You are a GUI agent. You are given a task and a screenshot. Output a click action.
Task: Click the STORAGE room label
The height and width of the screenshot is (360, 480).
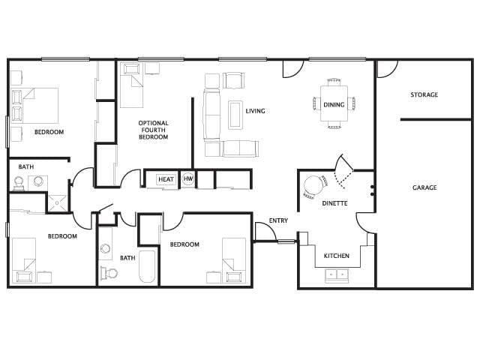424,94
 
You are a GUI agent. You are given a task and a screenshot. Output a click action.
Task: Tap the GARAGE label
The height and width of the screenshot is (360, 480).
424,187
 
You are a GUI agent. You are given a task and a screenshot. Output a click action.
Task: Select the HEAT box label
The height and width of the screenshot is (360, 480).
166,179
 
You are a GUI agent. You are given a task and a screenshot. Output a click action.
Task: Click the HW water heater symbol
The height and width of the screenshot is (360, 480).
187,179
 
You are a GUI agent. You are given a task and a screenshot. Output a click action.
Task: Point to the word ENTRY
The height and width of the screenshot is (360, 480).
278,220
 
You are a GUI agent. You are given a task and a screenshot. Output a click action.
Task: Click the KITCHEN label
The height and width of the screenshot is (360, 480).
336,256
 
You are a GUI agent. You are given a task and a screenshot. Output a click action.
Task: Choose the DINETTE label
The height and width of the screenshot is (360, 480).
334,203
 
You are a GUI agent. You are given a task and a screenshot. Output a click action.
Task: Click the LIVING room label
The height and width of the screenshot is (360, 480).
256,111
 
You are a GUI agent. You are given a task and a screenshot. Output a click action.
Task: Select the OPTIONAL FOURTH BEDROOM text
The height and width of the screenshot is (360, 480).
153,130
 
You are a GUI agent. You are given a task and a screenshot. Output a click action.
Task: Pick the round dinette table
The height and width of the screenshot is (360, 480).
313,185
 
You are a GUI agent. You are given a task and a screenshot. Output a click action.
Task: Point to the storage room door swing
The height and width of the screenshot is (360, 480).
386,69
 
